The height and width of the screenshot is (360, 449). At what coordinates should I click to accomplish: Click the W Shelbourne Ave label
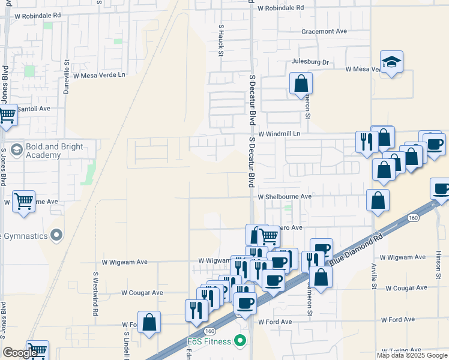point(285,196)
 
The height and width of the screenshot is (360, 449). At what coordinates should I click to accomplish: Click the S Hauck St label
point(221,40)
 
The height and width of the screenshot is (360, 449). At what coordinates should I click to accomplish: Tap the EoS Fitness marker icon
point(241,342)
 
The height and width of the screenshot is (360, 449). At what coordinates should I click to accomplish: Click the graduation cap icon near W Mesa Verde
point(391,62)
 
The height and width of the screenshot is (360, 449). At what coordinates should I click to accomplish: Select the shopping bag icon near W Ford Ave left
point(149,322)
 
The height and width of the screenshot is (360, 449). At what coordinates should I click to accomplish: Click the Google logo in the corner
point(20,353)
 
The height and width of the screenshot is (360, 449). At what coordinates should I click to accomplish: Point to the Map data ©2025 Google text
point(411,355)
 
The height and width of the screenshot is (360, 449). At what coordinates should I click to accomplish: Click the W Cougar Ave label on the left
point(142,293)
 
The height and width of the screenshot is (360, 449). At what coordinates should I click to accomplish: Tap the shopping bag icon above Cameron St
point(301,83)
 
